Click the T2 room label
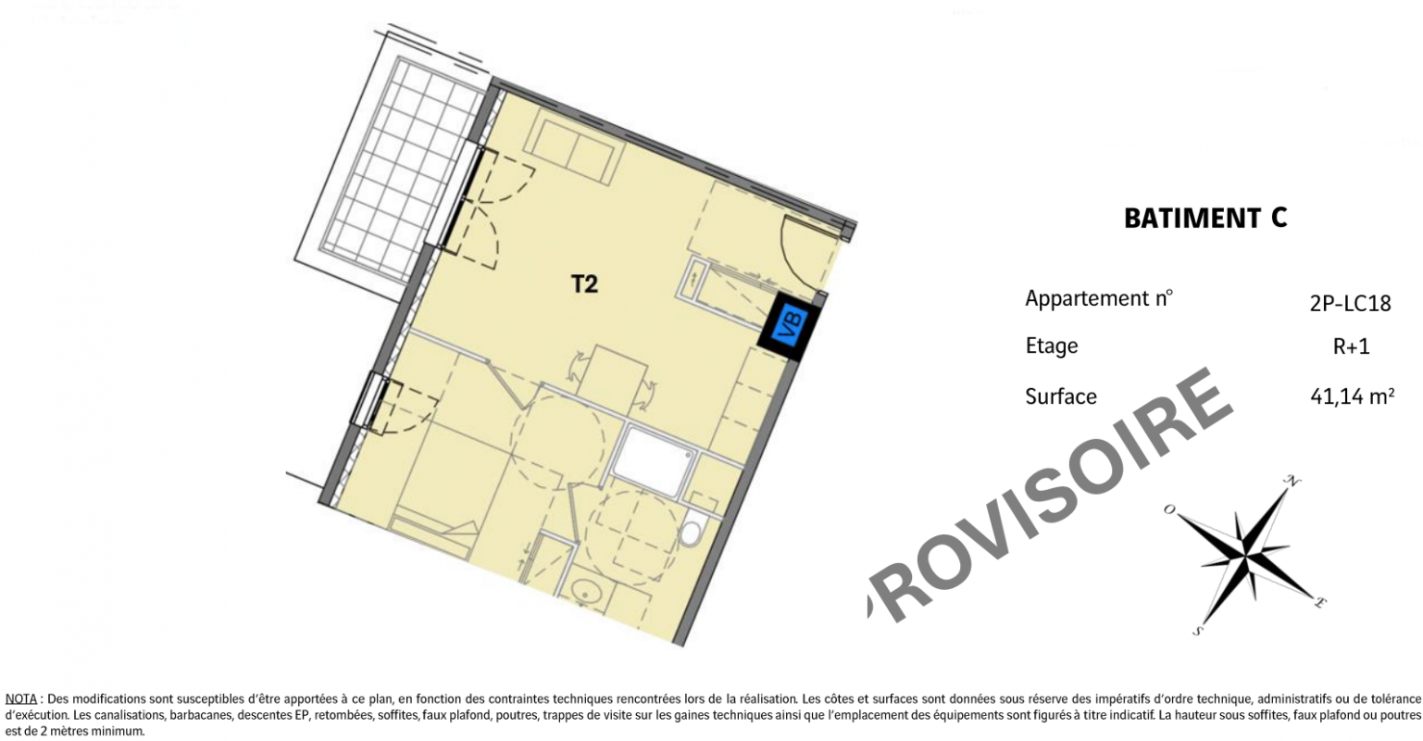click(x=584, y=284)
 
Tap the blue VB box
click(x=789, y=328)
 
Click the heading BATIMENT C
click(x=1205, y=218)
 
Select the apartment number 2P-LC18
click(x=1350, y=304)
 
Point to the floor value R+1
click(x=1351, y=347)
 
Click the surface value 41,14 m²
click(x=1352, y=396)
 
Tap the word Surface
click(x=1061, y=396)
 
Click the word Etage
click(x=1052, y=346)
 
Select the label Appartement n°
click(x=1099, y=298)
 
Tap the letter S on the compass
click(x=1197, y=631)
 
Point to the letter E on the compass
click(x=1319, y=602)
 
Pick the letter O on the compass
click(x=1169, y=509)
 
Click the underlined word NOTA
click(x=21, y=699)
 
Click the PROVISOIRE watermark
click(x=1048, y=496)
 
